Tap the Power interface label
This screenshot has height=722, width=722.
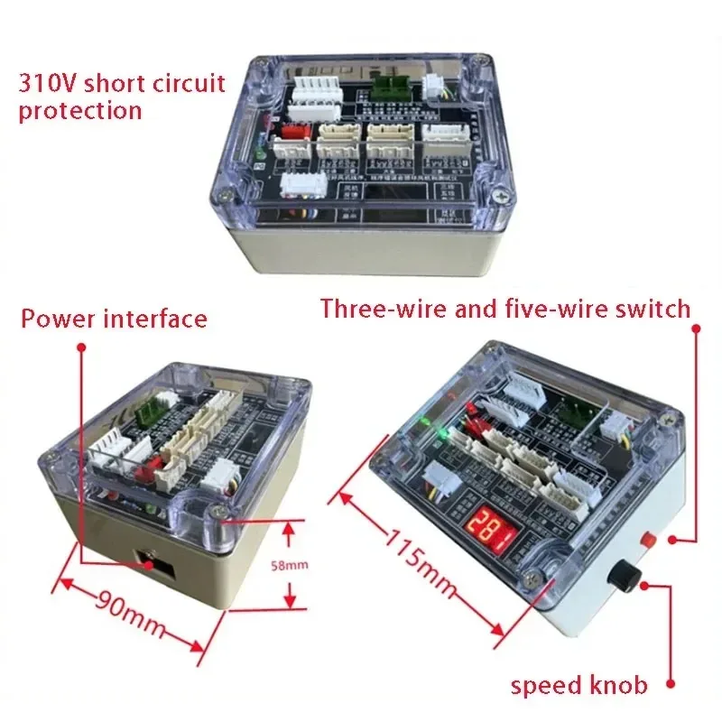tap(114, 319)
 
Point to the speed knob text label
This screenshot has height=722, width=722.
tap(579, 685)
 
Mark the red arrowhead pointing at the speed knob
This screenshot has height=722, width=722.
tap(643, 586)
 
